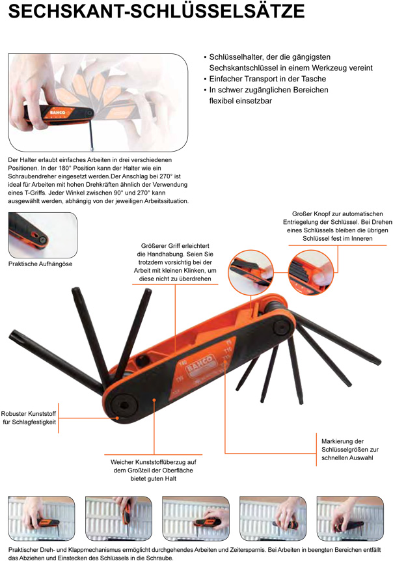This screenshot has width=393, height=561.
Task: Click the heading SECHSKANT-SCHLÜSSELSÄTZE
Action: (x=156, y=12)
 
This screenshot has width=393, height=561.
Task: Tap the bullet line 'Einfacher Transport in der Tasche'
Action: (x=267, y=79)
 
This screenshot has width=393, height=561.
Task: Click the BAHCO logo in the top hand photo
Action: (x=57, y=113)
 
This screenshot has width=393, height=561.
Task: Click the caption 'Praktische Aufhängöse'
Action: (x=40, y=264)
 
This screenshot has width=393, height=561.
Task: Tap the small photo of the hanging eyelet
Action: (x=42, y=235)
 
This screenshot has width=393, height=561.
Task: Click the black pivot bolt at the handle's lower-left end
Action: (x=124, y=405)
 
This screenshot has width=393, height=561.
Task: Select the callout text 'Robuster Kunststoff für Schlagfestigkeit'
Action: (x=29, y=418)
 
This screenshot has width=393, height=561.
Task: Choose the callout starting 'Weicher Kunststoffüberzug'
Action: (x=154, y=470)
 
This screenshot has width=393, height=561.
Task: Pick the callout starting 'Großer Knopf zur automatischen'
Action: (x=338, y=226)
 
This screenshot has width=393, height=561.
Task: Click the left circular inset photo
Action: (x=251, y=273)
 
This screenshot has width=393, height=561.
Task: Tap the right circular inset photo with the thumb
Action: (x=311, y=273)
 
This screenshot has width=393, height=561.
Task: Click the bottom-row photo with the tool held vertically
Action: (x=118, y=518)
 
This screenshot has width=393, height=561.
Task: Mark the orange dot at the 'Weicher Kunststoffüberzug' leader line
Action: (x=154, y=400)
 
